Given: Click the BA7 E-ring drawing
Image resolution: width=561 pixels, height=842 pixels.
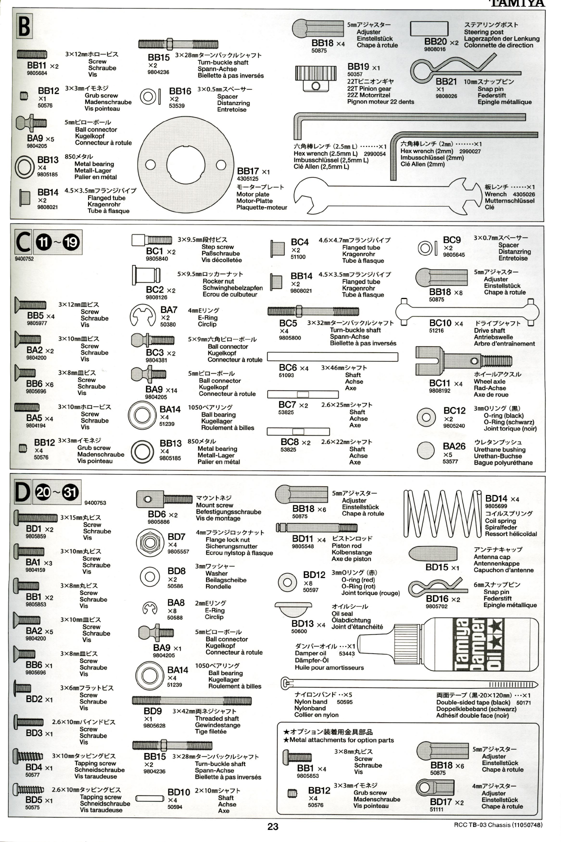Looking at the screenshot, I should point(143,315).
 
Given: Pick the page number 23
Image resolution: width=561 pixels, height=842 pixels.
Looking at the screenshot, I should point(272,826).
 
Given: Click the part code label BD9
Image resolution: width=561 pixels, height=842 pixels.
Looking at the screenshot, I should point(153,711).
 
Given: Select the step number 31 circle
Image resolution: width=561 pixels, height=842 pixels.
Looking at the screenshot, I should point(70,492).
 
